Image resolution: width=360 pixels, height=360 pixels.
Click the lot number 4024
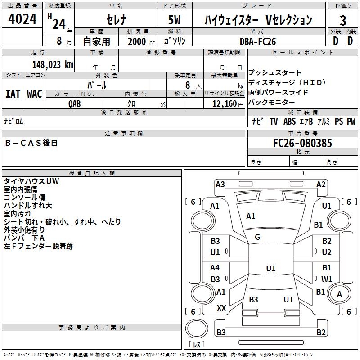click(22, 18)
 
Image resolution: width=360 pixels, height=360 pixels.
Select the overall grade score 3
click(343, 20)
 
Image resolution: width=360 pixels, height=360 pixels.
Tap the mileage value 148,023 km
click(53, 65)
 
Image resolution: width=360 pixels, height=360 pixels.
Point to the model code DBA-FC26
click(257, 41)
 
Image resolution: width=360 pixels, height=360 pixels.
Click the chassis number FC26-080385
click(302, 143)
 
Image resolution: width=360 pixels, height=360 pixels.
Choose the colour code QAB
click(74, 104)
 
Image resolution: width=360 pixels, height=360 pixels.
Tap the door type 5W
click(174, 20)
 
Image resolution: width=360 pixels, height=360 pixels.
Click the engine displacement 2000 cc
click(141, 41)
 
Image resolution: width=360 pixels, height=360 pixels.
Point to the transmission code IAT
click(13, 94)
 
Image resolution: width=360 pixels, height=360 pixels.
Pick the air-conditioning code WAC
click(35, 94)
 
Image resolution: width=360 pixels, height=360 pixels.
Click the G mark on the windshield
click(257, 237)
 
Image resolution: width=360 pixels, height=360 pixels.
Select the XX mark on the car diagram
click(221, 308)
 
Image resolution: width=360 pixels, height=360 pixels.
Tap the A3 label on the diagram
click(220, 184)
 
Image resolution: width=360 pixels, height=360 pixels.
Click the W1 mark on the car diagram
click(327, 279)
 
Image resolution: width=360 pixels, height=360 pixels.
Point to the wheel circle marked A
click(339, 294)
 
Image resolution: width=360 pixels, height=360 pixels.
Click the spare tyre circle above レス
click(197, 328)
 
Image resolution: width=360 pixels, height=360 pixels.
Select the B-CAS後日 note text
click(31, 143)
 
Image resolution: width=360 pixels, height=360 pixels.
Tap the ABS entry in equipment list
click(289, 121)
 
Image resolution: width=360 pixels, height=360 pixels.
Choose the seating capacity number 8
click(188, 85)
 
